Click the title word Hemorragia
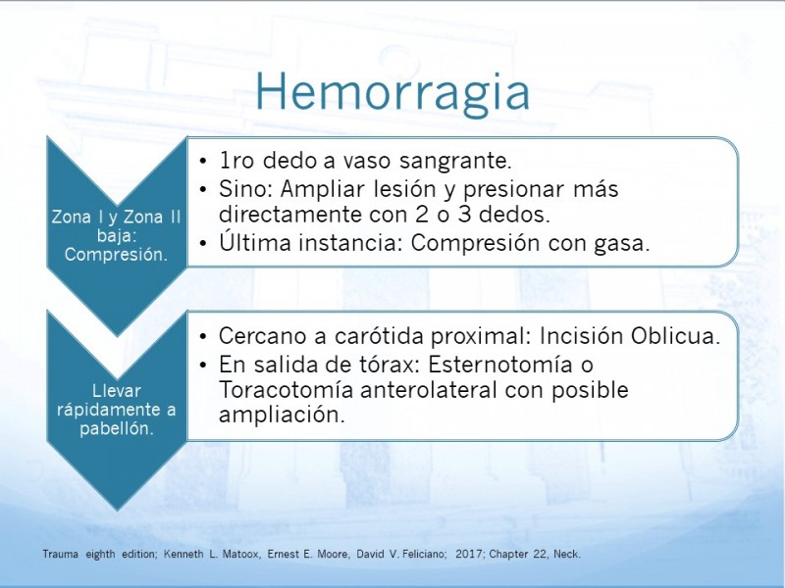(x=392, y=92)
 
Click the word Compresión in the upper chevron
(x=116, y=255)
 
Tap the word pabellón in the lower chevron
(x=116, y=428)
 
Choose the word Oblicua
(x=675, y=336)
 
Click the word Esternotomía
(x=499, y=364)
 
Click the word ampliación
(x=282, y=416)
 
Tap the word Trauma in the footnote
(x=60, y=554)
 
